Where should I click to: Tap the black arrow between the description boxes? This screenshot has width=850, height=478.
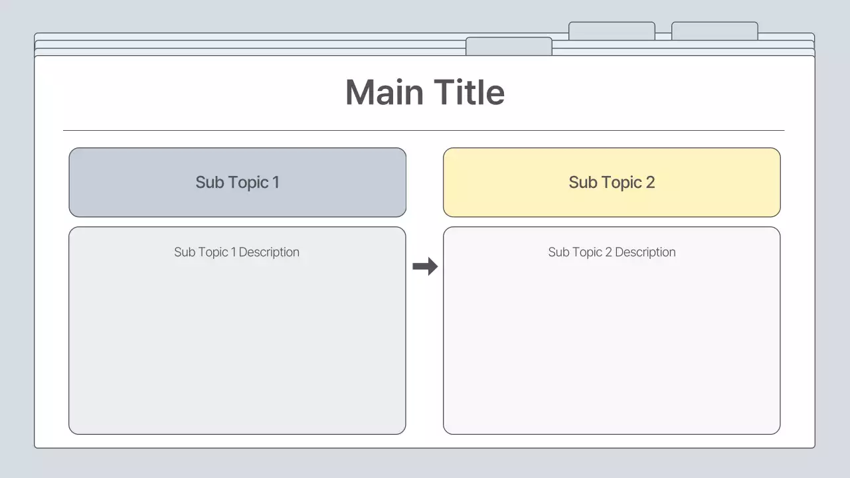[x=425, y=267]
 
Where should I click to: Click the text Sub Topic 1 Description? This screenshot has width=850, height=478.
[x=236, y=252]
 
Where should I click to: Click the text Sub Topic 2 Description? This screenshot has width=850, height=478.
[x=612, y=252]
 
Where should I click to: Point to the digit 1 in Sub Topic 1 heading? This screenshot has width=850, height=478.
[x=276, y=183]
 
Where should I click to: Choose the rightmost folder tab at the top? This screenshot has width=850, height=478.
[x=715, y=31]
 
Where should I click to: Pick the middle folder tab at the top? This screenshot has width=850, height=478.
[x=612, y=31]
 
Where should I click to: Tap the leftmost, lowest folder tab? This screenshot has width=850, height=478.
[x=509, y=46]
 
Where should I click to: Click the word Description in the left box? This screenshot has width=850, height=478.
[x=269, y=252]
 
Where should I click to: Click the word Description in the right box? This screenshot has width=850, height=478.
[x=645, y=252]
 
